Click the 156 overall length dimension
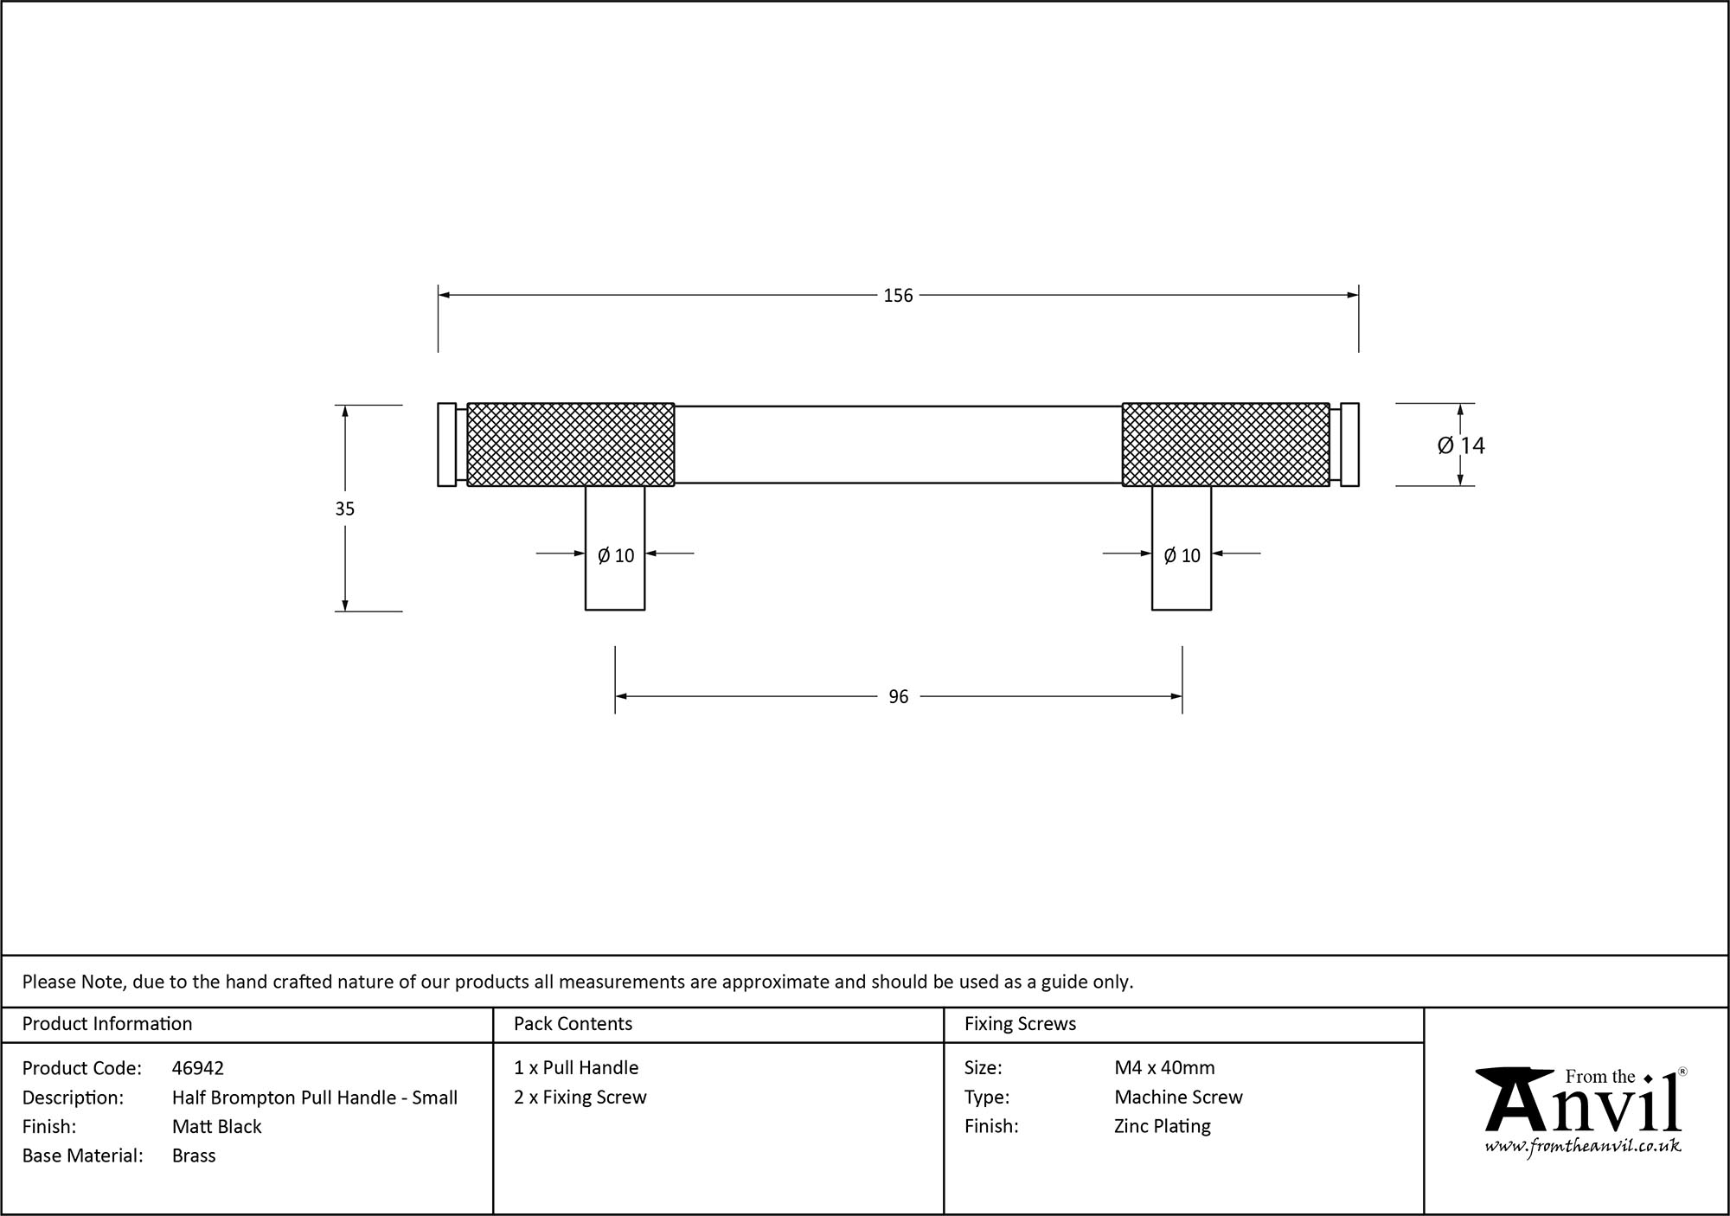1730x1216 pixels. click(898, 296)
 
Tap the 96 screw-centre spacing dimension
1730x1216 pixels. click(898, 697)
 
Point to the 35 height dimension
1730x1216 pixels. click(345, 509)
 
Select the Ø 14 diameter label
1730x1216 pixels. click(1461, 445)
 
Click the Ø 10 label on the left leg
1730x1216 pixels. click(616, 556)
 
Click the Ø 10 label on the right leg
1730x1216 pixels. click(1182, 556)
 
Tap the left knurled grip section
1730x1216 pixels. click(571, 445)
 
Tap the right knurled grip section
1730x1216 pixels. click(1226, 445)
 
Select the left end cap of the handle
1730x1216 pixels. click(446, 445)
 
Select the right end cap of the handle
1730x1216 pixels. click(1349, 445)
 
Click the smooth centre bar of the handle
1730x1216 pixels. click(898, 445)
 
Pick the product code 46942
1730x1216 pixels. click(198, 1068)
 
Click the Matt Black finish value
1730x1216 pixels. click(216, 1126)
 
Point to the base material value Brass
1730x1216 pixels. click(194, 1155)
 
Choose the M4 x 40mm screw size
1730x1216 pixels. click(1164, 1068)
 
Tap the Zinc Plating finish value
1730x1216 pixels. click(1163, 1126)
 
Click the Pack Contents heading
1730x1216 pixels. click(573, 1024)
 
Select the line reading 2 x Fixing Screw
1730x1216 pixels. click(580, 1098)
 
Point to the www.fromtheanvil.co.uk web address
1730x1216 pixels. click(1583, 1147)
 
